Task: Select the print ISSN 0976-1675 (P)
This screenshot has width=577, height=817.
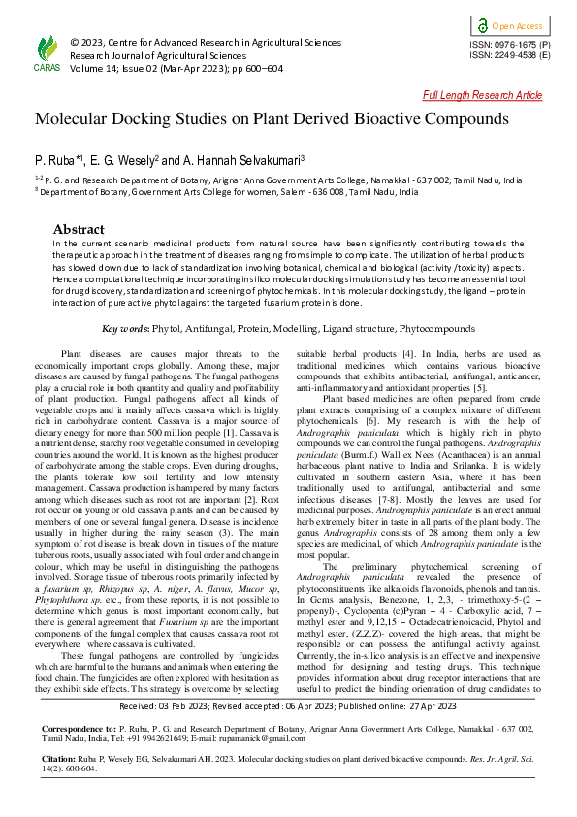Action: pyautogui.click(x=510, y=45)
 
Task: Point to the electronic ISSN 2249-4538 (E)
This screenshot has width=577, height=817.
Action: pyautogui.click(x=510, y=56)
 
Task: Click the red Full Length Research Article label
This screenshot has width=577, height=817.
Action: pyautogui.click(x=483, y=95)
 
